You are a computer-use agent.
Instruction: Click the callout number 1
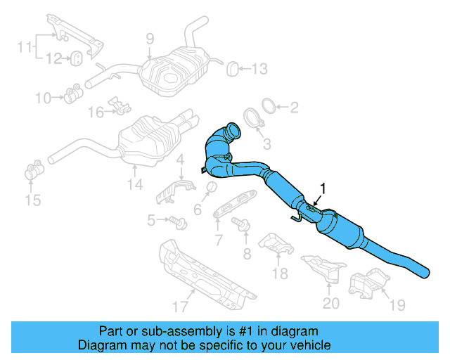tap(323, 188)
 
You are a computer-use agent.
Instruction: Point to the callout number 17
tap(180, 306)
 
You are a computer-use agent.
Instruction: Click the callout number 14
tap(134, 185)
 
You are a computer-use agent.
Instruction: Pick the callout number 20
tap(331, 303)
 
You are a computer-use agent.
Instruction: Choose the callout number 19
tap(397, 305)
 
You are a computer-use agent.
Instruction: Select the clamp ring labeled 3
tap(253, 117)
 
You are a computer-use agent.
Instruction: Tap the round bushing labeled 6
tap(209, 186)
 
